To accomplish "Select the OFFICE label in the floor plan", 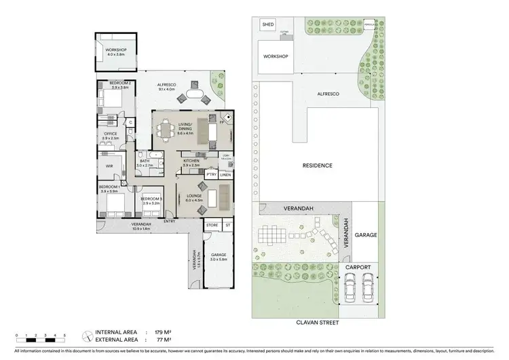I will tap(110, 134).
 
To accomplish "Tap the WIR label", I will tap(109, 165).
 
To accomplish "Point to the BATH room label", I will tap(144, 161).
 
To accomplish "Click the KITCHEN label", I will tap(190, 161).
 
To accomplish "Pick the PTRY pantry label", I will tap(211, 175).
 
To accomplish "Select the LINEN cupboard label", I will tap(225, 175).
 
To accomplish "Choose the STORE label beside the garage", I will tap(212, 225).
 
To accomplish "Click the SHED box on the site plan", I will tap(267, 26).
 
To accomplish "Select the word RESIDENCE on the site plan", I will tap(317, 165).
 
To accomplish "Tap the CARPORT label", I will tap(358, 268).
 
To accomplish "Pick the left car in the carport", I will tap(350, 291).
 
